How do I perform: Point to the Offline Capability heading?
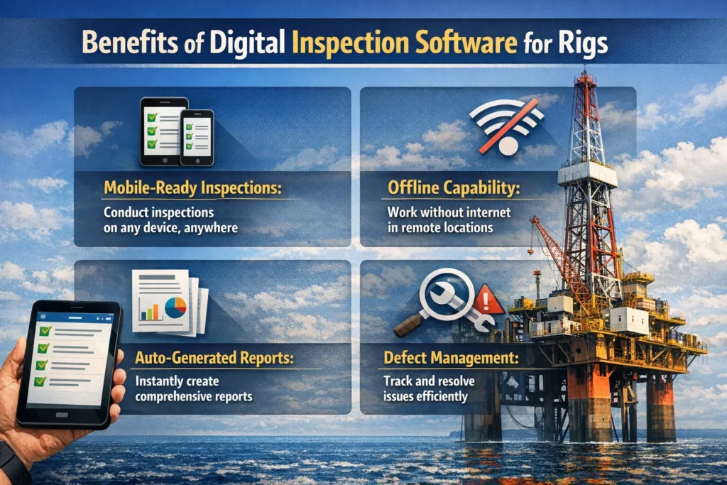coord(452,190)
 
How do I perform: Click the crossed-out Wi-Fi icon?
coord(506,122)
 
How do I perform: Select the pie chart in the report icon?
coord(175,307)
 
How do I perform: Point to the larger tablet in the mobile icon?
coord(163,131)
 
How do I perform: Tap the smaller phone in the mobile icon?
coord(197,137)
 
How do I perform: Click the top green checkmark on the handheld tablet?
coord(45,331)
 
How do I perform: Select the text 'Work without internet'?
coord(439,212)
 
